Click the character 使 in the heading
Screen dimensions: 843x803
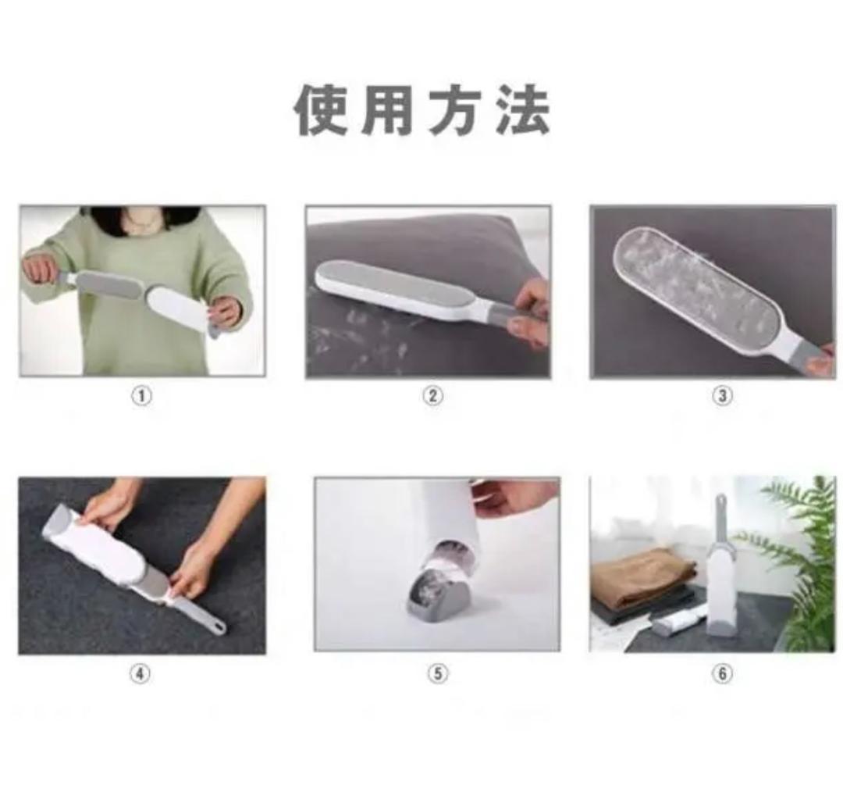point(321,111)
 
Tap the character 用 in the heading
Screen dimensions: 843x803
point(387,111)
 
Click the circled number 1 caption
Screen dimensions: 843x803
point(142,396)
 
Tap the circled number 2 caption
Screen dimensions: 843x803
point(433,396)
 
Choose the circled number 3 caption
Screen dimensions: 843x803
point(723,396)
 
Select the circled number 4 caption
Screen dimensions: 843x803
point(140,673)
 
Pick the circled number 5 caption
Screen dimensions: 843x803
point(438,673)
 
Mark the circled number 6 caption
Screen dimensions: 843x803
point(723,673)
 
